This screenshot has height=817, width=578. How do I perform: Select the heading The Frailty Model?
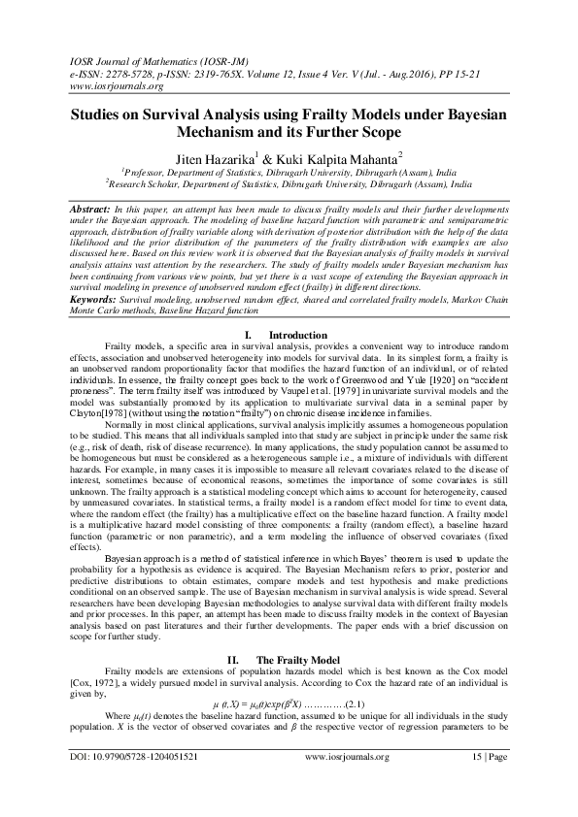click(310, 605)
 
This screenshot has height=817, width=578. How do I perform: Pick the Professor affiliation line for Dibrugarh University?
click(288, 170)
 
